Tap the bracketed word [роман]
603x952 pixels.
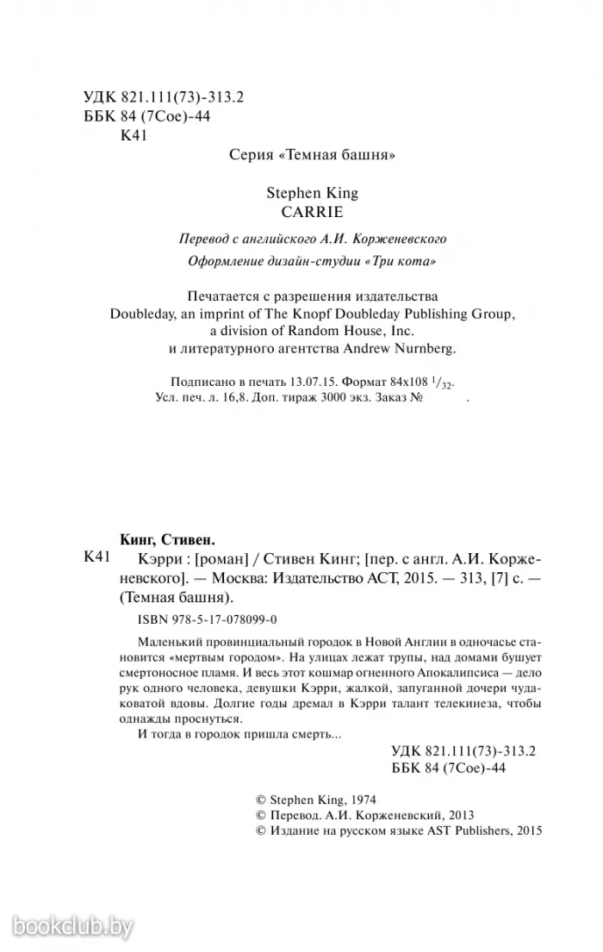200,557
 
